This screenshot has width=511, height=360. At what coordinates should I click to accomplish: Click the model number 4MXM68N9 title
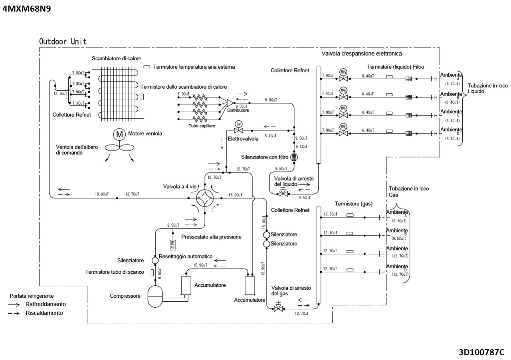(x=26, y=8)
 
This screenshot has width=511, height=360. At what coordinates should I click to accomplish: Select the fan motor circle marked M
(x=119, y=134)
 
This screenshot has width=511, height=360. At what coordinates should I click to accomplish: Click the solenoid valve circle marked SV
(x=238, y=124)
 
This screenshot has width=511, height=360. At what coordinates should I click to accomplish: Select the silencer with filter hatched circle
(x=294, y=157)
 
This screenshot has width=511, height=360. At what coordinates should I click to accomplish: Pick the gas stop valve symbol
(x=278, y=308)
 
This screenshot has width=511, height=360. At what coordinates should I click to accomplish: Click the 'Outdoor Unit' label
(x=63, y=42)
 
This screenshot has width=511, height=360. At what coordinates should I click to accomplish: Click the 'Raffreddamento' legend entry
(x=45, y=304)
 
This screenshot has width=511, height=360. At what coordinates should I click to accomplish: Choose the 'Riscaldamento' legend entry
(x=44, y=313)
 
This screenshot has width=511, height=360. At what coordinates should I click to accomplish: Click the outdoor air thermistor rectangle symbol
(x=147, y=67)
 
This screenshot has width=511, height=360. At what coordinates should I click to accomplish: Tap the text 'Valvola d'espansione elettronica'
(x=361, y=53)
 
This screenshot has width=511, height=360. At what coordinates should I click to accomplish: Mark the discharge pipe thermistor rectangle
(x=153, y=272)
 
